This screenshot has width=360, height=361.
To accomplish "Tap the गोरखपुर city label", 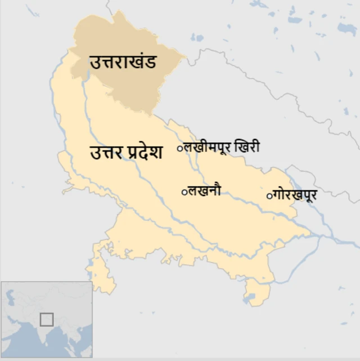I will [295, 195].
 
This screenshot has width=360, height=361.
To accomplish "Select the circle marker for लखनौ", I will [184, 192].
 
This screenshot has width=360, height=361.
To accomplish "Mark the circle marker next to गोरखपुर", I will [269, 196].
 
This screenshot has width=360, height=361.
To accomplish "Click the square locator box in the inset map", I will [47, 319].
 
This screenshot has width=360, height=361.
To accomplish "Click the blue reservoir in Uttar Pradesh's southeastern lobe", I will [248, 297].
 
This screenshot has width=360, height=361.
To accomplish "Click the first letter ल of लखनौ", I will [192, 191].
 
